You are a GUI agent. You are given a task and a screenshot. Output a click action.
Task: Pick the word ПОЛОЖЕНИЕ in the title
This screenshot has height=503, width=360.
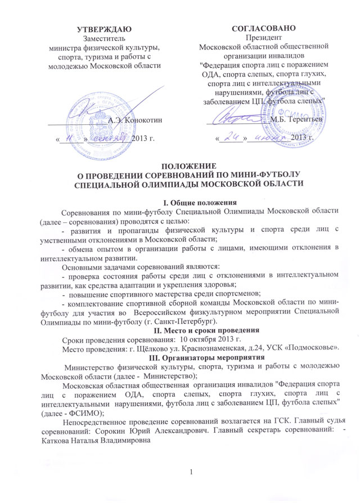click(186, 165)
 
